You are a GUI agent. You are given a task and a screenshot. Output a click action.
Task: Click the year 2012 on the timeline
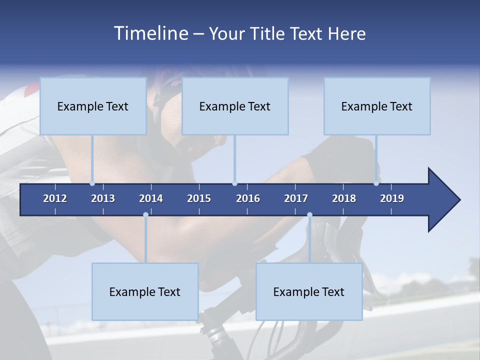(55, 198)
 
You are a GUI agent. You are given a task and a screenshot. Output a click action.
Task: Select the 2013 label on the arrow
(103, 198)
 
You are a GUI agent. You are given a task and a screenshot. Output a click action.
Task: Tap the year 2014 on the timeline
(151, 198)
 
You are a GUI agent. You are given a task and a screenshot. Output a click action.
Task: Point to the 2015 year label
(199, 198)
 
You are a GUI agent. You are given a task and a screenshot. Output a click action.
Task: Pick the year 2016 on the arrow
(248, 198)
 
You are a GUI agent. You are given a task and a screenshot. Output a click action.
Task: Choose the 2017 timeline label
(296, 198)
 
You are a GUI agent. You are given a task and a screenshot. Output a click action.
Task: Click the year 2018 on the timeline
(344, 198)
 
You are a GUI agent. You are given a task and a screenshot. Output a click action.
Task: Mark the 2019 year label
(392, 198)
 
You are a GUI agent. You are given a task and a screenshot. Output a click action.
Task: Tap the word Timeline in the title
(150, 33)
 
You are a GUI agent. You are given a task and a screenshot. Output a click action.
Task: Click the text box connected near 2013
(93, 106)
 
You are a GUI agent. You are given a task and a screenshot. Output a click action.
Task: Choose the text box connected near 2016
(235, 106)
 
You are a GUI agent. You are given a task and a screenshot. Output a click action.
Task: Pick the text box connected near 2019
(377, 106)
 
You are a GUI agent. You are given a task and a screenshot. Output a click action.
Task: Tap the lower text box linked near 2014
(145, 291)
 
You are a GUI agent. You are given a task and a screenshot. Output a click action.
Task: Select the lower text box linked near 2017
(309, 291)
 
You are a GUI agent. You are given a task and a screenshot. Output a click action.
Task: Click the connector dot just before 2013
(92, 183)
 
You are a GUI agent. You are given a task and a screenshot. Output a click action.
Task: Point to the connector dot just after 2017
(309, 215)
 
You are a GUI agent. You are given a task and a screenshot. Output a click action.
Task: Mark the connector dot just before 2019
(376, 183)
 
